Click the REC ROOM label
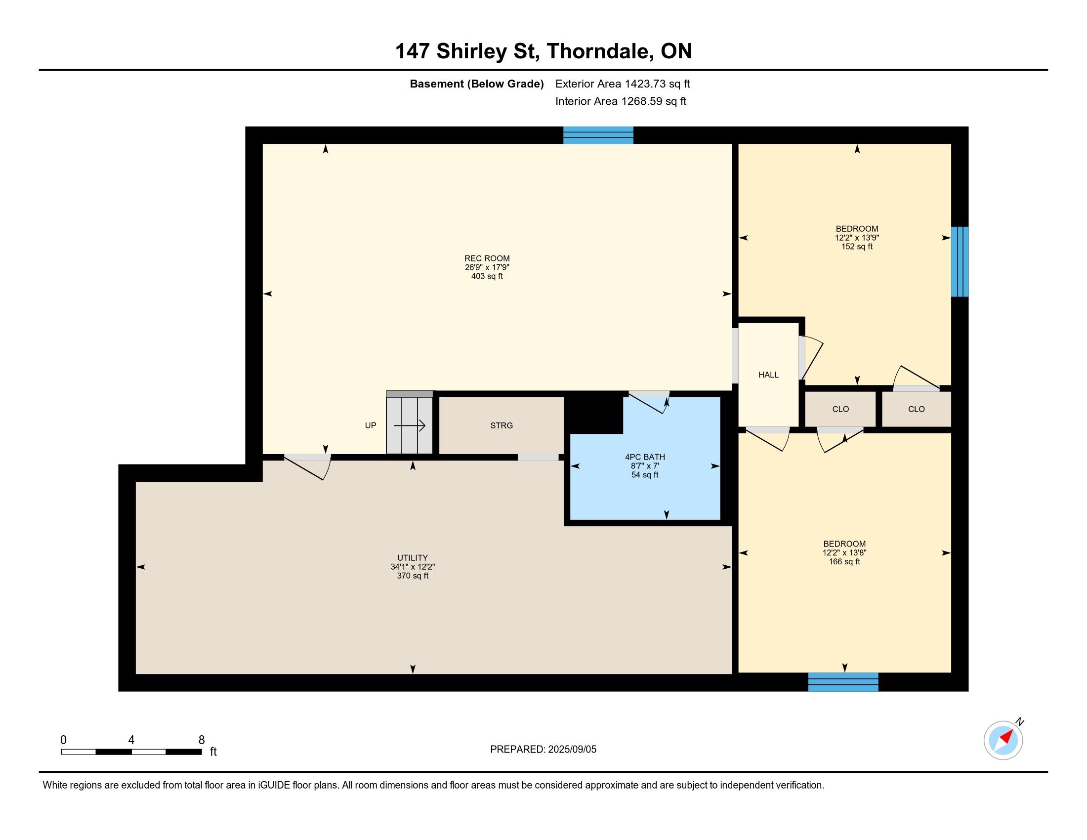click(487, 258)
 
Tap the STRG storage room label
click(501, 425)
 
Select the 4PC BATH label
click(644, 457)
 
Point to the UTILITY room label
click(412, 558)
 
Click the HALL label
click(768, 375)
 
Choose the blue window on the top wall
click(598, 135)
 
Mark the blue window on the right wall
click(960, 262)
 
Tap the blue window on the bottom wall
click(843, 682)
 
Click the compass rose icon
click(1003, 740)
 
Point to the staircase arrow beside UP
click(410, 425)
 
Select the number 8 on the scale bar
click(202, 740)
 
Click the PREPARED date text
click(543, 750)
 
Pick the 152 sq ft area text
click(857, 247)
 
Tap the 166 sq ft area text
click(844, 561)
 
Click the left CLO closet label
click(840, 409)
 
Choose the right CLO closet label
click(916, 409)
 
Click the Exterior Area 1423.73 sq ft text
click(623, 84)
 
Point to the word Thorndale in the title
click(600, 51)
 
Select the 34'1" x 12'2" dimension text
click(412, 567)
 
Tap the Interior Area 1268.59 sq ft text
click(621, 101)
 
